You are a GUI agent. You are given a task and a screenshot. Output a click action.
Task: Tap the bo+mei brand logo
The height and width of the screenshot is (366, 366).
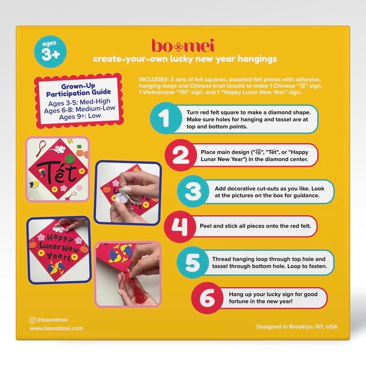tap(183, 46)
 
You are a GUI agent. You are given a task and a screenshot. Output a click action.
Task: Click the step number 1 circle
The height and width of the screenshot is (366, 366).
tap(165, 120)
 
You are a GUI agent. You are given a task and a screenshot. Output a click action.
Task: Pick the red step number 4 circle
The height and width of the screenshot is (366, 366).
tap(181, 225)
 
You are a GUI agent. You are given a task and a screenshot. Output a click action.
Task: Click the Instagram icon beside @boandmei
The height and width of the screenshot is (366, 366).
tap(32, 319)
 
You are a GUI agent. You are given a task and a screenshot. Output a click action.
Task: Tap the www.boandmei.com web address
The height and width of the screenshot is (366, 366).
tap(57, 328)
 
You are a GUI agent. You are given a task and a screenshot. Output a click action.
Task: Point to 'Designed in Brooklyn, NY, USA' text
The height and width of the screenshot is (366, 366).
tap(297, 326)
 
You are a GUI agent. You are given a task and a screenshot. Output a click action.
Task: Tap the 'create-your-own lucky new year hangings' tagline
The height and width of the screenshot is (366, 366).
tap(185, 60)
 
